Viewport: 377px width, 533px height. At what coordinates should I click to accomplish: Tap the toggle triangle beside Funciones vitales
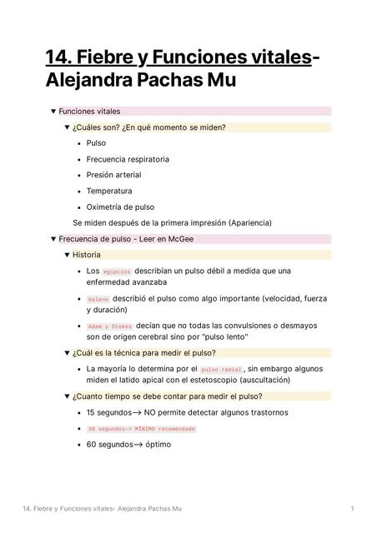point(53,111)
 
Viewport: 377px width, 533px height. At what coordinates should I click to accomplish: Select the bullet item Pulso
point(96,143)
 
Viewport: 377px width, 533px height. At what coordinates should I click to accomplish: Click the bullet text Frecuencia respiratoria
point(128,159)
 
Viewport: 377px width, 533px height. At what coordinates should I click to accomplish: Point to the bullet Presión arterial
point(113,175)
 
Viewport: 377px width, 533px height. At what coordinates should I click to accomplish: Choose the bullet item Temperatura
point(109,191)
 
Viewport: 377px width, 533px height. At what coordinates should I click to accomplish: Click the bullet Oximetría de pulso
point(120,207)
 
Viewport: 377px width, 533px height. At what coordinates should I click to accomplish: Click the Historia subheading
point(87,255)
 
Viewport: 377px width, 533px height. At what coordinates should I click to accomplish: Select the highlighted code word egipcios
point(117,271)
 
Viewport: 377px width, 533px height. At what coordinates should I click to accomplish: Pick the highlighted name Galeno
point(98,299)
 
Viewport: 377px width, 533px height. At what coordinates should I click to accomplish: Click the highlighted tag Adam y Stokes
point(110,326)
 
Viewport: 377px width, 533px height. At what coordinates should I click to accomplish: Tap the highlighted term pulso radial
point(221,369)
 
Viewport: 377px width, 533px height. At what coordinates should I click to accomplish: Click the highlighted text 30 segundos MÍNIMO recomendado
point(141,429)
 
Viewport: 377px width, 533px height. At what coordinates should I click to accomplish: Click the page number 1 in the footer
point(354,508)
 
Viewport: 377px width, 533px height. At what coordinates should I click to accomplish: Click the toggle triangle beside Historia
point(67,255)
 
